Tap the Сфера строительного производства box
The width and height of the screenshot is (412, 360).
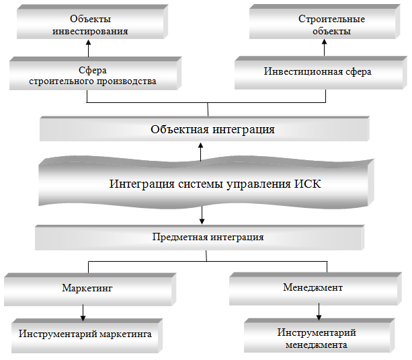(92, 75)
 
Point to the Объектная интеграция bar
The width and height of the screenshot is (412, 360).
(204, 129)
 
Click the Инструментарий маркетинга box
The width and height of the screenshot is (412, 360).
(85, 334)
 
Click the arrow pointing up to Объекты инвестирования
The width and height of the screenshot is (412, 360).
(88, 48)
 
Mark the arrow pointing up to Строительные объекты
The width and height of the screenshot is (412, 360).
(324, 48)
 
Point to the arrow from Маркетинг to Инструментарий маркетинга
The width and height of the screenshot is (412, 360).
(83, 312)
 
